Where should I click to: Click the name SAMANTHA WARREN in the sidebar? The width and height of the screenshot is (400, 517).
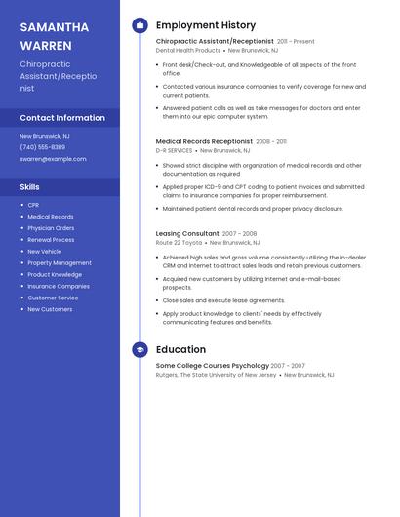pyautogui.click(x=55, y=36)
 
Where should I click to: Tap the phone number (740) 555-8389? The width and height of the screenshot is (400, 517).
pyautogui.click(x=42, y=147)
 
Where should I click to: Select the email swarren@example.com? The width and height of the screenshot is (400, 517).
pyautogui.click(x=53, y=159)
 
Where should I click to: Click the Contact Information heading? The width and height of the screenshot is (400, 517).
pyautogui.click(x=62, y=118)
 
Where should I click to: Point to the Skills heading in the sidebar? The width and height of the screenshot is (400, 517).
pyautogui.click(x=30, y=186)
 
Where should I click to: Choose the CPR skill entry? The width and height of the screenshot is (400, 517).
pyautogui.click(x=33, y=205)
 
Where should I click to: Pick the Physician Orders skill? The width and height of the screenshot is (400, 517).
pyautogui.click(x=51, y=228)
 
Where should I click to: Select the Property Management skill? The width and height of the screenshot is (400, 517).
pyautogui.click(x=60, y=263)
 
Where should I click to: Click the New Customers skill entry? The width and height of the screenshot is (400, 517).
pyautogui.click(x=50, y=309)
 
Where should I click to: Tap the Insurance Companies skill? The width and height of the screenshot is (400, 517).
pyautogui.click(x=59, y=287)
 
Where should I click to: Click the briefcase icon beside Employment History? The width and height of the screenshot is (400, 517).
pyautogui.click(x=140, y=25)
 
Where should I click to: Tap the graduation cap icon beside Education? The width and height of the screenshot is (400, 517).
pyautogui.click(x=140, y=349)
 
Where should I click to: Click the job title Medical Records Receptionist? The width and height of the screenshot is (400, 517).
pyautogui.click(x=204, y=141)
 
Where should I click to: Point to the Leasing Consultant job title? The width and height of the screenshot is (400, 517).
pyautogui.click(x=187, y=234)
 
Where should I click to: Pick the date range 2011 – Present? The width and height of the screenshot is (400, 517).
pyautogui.click(x=296, y=42)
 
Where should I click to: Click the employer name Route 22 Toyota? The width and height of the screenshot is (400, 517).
pyautogui.click(x=180, y=243)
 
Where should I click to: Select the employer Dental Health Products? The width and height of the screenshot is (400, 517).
pyautogui.click(x=188, y=51)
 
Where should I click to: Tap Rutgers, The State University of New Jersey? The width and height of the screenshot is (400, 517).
pyautogui.click(x=216, y=375)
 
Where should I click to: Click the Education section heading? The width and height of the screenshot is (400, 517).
pyautogui.click(x=180, y=349)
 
